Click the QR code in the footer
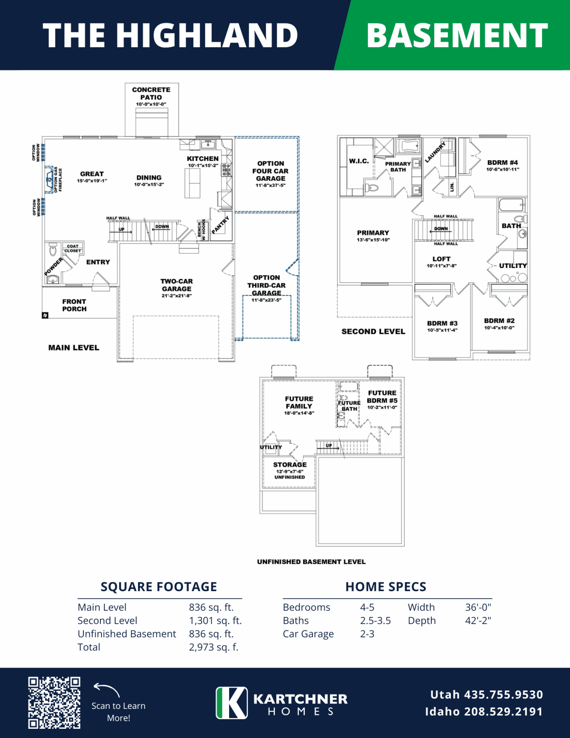pos(54,703)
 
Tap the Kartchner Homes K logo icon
pos(232,703)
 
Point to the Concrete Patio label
pos(151,93)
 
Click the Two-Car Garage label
pos(177,285)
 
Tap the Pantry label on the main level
pos(221,225)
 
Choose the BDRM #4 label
pos(503,163)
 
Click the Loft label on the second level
pos(441,259)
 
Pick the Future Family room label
pos(299,402)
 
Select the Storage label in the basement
pos(290,465)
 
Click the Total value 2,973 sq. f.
pos(214,647)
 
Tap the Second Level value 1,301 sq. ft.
pos(215,621)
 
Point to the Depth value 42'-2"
pos(478,621)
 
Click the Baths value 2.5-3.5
pos(376,621)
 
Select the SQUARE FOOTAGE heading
pos(159,587)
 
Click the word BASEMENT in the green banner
pos(457,36)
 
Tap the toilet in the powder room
pos(53,250)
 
